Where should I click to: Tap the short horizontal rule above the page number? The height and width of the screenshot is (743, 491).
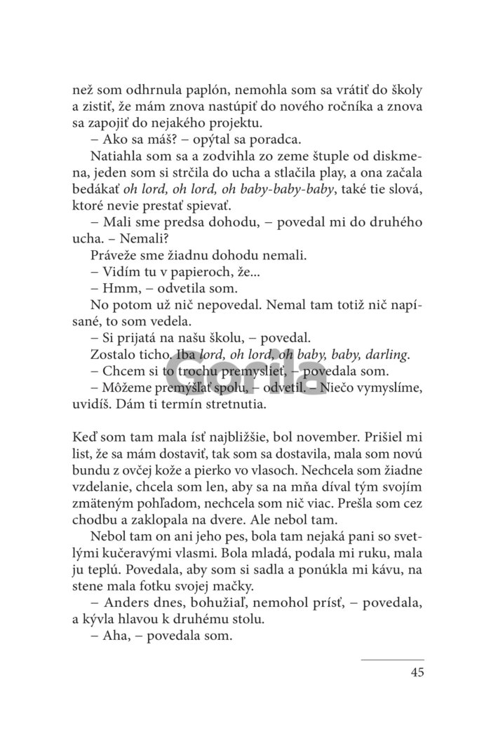click(393, 659)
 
